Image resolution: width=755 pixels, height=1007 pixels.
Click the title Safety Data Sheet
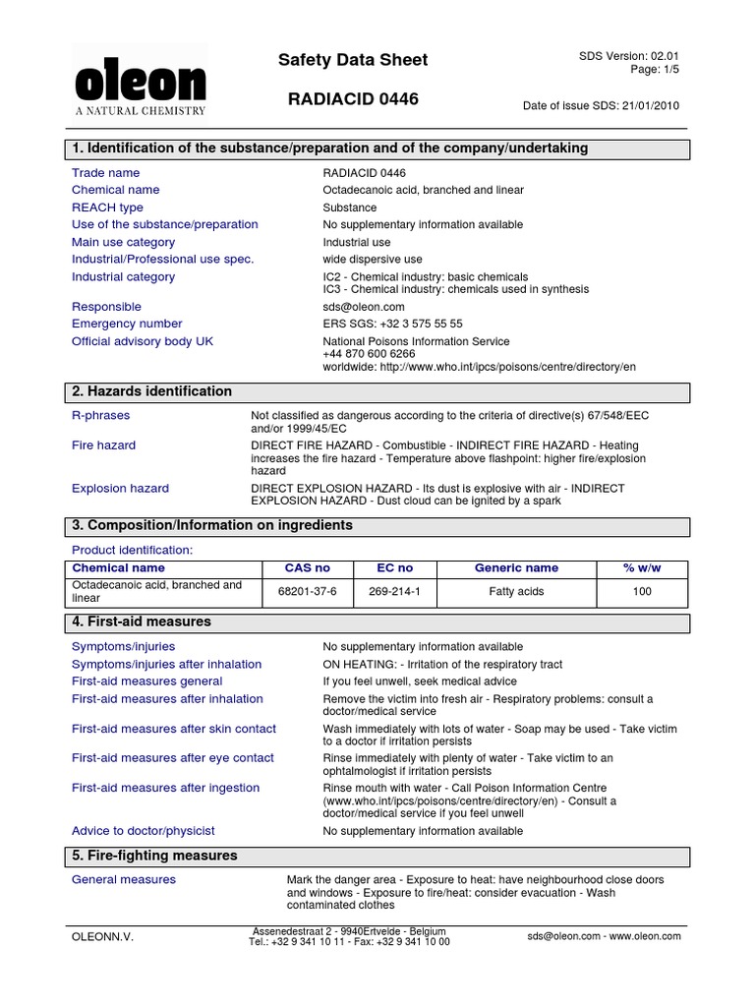pos(353,60)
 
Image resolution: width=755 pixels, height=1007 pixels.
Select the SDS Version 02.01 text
pos(629,56)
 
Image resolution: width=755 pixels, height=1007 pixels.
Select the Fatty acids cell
pos(516,592)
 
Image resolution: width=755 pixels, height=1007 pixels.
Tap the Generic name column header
pos(516,568)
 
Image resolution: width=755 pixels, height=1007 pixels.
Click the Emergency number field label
pos(127,324)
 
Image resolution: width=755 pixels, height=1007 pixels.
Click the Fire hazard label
pos(103,445)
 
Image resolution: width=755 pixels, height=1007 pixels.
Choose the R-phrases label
pos(100,416)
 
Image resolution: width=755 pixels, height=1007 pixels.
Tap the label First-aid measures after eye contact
pos(172,758)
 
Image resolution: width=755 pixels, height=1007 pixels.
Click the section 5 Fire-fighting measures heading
pos(153,856)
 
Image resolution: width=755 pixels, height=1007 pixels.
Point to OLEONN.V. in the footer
pos(102,937)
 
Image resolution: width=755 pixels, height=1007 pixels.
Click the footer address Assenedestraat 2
pos(349,931)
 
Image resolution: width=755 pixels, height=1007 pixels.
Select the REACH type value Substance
pos(349,207)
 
